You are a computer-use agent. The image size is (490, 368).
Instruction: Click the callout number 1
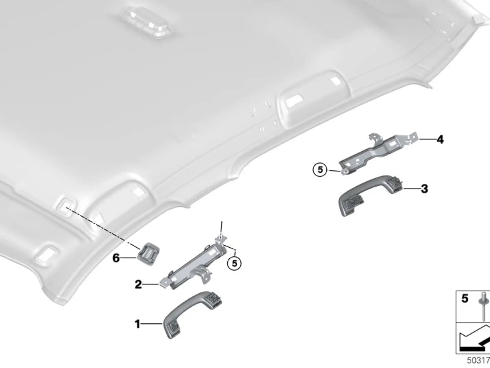coord(137,324)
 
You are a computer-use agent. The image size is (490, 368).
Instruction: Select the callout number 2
coord(138,284)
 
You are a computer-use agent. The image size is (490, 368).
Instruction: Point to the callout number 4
coord(440,140)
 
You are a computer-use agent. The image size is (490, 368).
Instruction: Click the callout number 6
coord(116,258)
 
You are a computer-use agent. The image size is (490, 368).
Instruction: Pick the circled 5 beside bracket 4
coord(320,170)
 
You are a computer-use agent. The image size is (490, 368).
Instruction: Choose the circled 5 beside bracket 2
coord(234,263)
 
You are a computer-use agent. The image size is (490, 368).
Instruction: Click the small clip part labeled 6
coord(149,254)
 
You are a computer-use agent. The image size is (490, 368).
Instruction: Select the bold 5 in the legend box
coord(465,298)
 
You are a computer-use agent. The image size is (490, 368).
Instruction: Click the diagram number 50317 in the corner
coord(478,360)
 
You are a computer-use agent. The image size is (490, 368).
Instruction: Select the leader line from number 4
coord(427,139)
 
